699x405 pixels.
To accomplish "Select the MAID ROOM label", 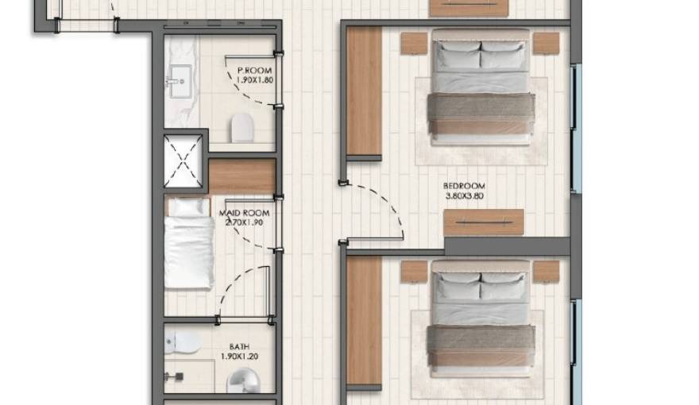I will pos(245,213).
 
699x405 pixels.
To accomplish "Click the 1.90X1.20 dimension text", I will pos(239,357).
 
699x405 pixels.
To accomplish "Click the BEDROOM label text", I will pos(463,187).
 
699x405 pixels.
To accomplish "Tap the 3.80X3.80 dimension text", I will pos(463,197).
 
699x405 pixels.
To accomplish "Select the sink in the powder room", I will pos(176,79).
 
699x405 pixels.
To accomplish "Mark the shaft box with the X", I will pos(183,161).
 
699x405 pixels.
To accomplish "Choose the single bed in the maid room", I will pos(189,244).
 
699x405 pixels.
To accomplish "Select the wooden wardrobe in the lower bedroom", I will pos(364,322).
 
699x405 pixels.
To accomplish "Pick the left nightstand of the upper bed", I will pos(414,43).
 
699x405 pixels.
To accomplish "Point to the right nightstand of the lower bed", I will pos(546,272).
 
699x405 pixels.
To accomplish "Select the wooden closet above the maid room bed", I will pos(242,175).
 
